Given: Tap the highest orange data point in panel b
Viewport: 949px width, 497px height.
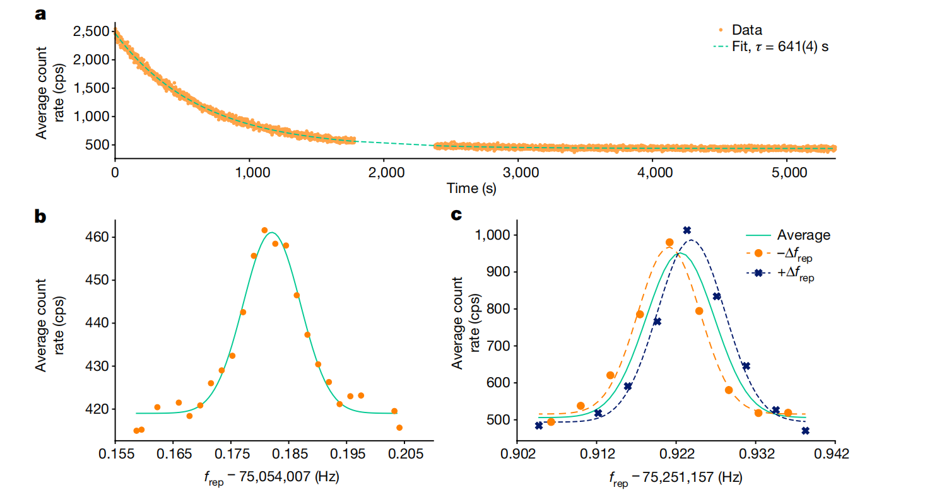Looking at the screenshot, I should (x=264, y=230).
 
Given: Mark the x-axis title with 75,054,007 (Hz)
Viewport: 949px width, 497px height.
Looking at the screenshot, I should (x=272, y=477).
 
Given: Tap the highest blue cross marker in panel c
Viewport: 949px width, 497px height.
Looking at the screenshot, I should (x=687, y=230).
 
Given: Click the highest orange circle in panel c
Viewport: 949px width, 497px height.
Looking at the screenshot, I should (x=669, y=242).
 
